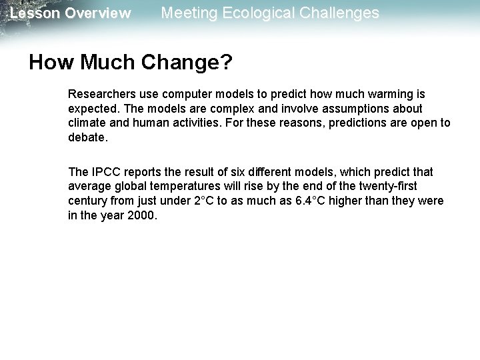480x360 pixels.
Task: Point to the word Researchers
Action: coord(102,95)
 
